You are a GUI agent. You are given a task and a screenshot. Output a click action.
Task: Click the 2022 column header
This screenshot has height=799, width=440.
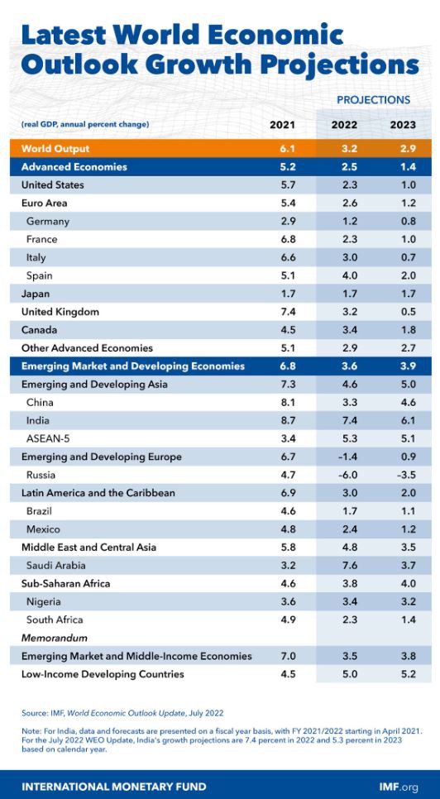[345, 125]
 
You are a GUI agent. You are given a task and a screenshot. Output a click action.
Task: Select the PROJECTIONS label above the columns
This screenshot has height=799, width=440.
[373, 100]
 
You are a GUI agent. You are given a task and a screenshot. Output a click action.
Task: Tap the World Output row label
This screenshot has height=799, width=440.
[55, 149]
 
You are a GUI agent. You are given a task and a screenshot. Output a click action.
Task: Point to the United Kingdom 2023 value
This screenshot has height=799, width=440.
[409, 312]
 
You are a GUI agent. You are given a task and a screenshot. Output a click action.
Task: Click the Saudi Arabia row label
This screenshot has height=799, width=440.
[56, 566]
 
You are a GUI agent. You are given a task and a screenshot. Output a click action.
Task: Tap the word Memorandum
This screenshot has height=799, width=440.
[55, 638]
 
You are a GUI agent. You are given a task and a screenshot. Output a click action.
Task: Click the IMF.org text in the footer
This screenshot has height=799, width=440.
[399, 787]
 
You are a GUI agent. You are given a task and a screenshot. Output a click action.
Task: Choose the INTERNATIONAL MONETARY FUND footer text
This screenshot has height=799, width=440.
[114, 787]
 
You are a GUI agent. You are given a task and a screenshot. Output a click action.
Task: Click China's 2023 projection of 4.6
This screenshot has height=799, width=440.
[409, 403]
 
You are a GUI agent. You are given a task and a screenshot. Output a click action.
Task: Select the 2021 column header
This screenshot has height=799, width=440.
[282, 125]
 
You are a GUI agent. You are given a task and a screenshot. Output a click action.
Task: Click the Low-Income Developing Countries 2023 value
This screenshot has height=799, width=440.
[409, 674]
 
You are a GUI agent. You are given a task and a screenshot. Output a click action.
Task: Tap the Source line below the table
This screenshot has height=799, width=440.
[122, 712]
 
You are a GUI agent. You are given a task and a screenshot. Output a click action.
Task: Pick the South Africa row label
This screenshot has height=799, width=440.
[55, 620]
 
